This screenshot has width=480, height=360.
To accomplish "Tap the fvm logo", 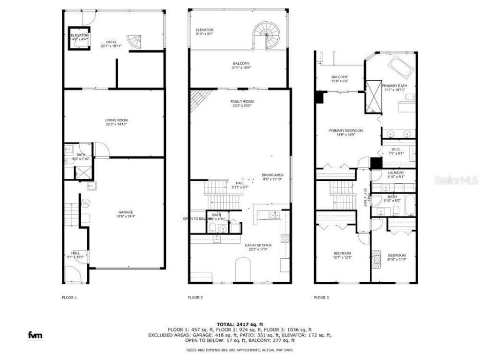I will click(35, 335).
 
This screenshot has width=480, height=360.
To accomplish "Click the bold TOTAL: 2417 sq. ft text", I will click(240, 324).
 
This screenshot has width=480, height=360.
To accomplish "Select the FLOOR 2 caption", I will click(195, 298).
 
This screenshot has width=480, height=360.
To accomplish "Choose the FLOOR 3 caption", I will click(321, 298).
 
